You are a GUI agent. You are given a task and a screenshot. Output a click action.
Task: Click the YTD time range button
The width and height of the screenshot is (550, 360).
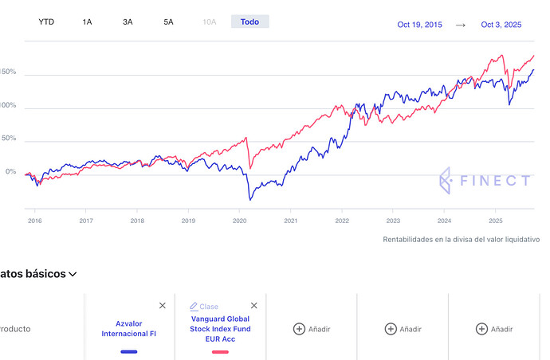tap(47, 22)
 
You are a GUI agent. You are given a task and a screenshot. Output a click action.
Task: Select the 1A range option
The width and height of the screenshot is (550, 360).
tap(87, 22)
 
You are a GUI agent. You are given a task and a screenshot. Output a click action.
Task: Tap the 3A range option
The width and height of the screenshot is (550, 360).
tap(128, 22)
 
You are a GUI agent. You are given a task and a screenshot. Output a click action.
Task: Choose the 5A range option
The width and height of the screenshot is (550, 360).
tap(168, 22)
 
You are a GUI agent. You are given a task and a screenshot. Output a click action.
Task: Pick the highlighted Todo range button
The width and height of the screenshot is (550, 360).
tap(249, 22)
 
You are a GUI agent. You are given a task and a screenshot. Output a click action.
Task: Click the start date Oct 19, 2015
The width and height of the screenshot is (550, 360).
tap(419, 25)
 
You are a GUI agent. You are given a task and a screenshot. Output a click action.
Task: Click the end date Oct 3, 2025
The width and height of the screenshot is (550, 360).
tap(501, 25)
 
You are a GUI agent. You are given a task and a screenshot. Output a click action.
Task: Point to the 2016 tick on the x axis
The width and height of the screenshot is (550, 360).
tap(35, 221)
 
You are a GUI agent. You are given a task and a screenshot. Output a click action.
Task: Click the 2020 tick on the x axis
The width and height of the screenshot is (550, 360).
tap(239, 221)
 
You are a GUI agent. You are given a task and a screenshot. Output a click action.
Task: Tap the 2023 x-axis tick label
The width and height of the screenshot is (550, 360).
tap(393, 221)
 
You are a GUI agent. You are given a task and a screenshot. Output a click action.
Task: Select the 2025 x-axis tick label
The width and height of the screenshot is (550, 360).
tap(495, 221)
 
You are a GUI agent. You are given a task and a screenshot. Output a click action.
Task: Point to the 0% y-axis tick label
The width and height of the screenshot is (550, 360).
tap(10, 172)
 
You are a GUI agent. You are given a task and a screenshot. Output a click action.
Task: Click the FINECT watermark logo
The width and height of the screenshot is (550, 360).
tap(485, 181)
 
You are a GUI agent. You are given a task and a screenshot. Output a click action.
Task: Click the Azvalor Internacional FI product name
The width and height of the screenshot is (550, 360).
tap(129, 329)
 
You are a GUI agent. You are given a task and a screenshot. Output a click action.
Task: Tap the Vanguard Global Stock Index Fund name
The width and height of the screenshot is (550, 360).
tap(220, 329)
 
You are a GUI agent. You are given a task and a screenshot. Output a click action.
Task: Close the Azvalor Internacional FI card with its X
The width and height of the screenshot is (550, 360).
tap(163, 305)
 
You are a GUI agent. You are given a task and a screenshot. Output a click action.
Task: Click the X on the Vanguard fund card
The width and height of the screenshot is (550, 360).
tap(254, 305)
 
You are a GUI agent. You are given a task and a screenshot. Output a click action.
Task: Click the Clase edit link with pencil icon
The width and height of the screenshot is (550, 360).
tap(204, 307)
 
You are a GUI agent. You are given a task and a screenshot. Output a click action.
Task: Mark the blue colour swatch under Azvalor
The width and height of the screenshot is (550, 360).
tap(129, 351)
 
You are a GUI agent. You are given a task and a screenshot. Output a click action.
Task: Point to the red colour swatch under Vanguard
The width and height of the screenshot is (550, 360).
tap(220, 351)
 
